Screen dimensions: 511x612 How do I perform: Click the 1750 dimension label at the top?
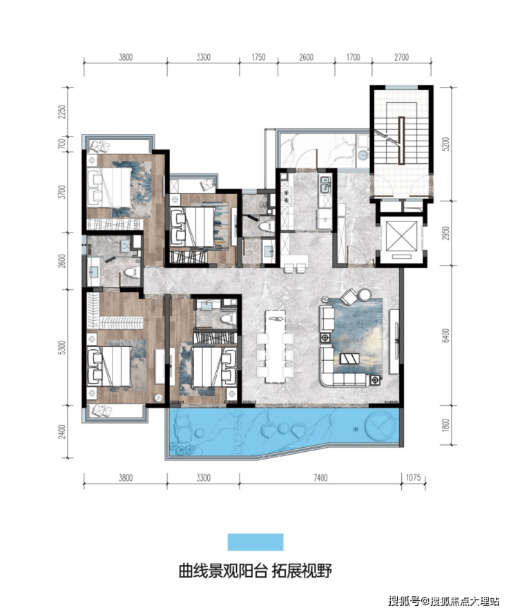[x=258, y=57]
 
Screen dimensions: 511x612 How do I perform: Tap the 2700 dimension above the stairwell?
[x=401, y=57]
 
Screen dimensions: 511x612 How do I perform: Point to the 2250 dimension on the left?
[x=61, y=112]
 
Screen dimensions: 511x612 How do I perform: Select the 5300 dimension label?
[x=61, y=347]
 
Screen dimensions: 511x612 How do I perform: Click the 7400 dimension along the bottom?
[x=320, y=477]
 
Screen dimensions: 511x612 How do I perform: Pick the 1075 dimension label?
[x=414, y=477]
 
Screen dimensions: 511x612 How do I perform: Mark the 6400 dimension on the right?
[x=446, y=335]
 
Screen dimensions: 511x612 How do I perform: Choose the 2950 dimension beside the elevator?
[x=446, y=233]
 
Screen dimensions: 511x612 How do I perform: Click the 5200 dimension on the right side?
[x=446, y=144]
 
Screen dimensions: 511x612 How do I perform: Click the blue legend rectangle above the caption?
[x=256, y=542]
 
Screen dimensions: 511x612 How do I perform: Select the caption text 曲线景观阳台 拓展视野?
[x=256, y=571]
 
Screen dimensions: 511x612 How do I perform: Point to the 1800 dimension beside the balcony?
[x=446, y=426]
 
